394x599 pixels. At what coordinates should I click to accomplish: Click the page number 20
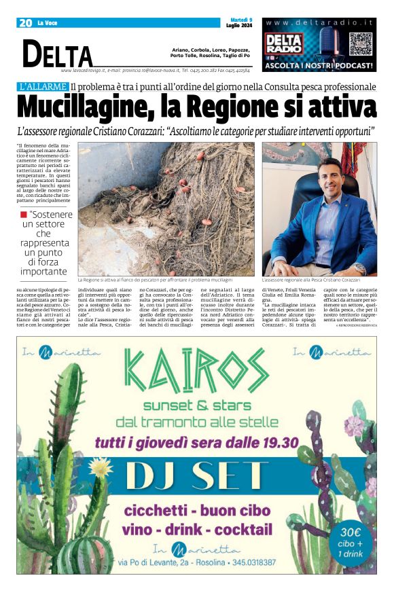point(26,23)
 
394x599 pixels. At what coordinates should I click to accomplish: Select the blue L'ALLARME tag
point(43,87)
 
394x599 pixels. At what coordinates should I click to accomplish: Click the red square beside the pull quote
point(23,215)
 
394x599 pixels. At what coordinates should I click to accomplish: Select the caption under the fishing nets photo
point(155,280)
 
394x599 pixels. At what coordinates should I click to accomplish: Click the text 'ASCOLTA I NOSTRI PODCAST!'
point(319,66)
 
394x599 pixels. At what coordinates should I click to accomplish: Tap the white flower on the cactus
point(100,467)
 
